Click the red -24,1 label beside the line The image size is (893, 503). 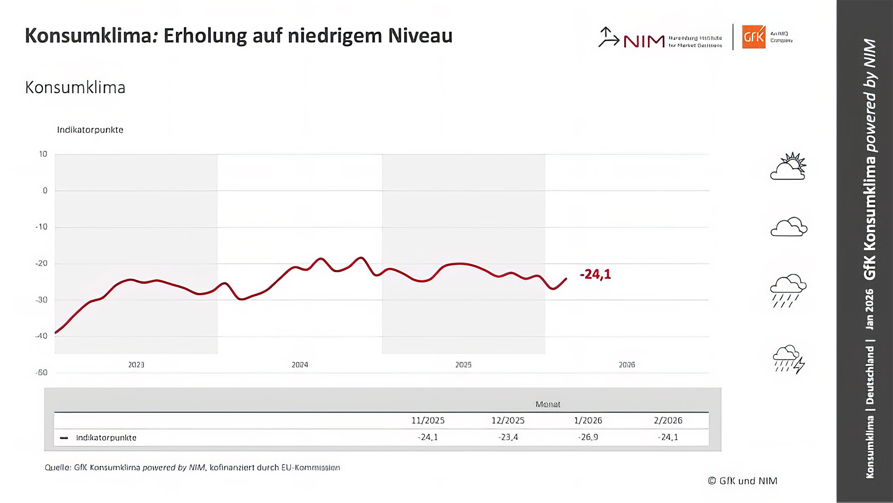(595, 274)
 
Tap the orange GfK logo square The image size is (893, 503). (753, 37)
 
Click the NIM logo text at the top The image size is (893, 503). (644, 42)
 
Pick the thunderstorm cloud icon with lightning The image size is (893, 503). (789, 359)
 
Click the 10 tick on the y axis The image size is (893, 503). (43, 154)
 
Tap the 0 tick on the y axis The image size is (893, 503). (45, 191)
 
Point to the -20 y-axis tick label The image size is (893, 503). (42, 264)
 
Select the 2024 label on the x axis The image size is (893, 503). (300, 365)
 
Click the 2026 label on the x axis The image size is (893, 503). (626, 365)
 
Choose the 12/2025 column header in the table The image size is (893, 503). (508, 421)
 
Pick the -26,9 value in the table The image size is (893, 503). (588, 437)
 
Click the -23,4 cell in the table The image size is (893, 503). (508, 437)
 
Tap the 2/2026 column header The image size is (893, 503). (668, 421)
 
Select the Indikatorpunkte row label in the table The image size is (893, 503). (106, 438)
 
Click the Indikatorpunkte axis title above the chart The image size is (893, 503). (90, 130)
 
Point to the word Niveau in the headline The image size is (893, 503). (420, 36)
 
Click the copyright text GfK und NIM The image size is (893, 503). (743, 481)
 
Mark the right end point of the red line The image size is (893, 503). (566, 279)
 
